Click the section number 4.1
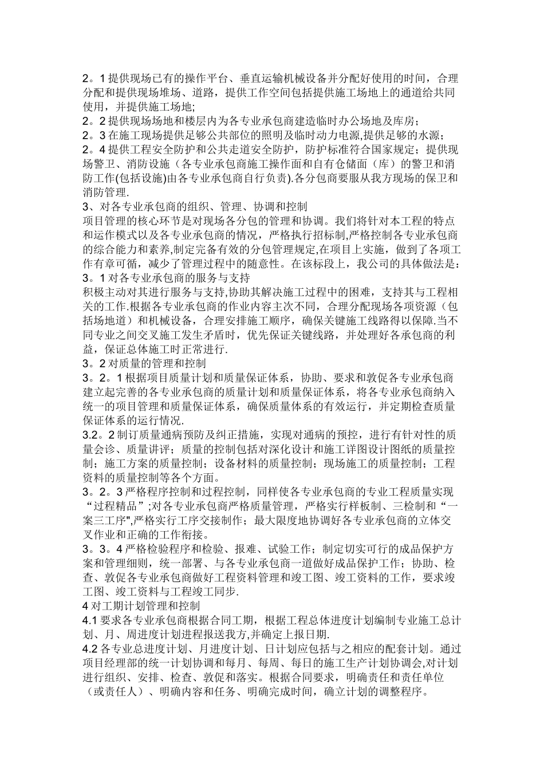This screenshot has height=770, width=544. pos(91,619)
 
